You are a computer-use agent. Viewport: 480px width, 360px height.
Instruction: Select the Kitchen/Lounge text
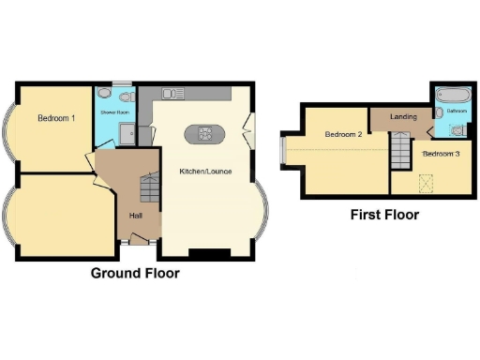click(x=206, y=172)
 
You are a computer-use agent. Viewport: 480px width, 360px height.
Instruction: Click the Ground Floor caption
click(x=135, y=274)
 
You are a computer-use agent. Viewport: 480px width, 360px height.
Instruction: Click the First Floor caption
click(x=384, y=215)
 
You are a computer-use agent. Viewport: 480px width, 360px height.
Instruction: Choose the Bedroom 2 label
click(x=343, y=135)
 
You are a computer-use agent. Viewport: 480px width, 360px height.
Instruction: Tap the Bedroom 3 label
click(x=441, y=153)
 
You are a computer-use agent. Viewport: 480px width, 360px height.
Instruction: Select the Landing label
click(x=404, y=117)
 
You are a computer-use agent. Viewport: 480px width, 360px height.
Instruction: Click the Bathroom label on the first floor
click(x=457, y=112)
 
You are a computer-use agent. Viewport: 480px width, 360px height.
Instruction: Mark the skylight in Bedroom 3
click(x=427, y=181)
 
